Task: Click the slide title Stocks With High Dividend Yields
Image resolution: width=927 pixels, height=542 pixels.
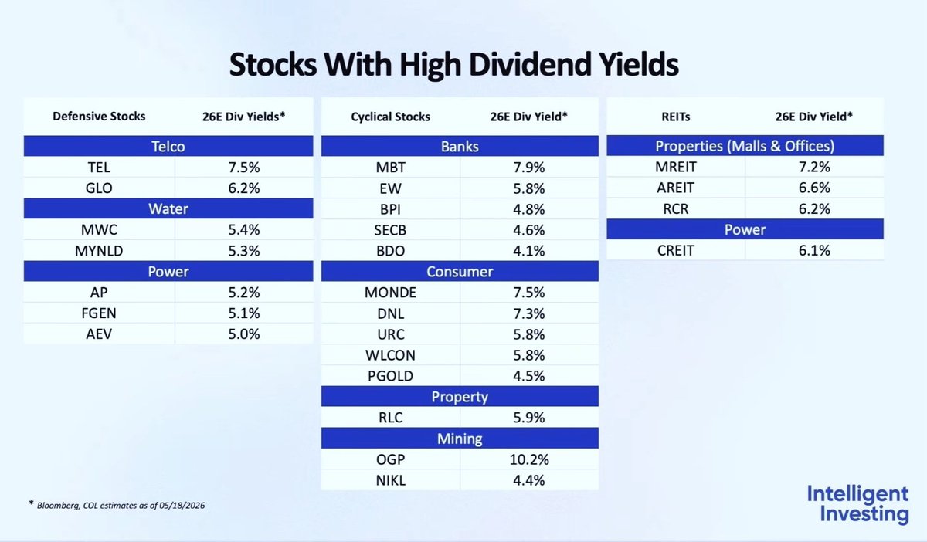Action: coord(453,65)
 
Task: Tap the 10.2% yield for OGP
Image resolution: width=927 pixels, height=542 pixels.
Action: coord(529,459)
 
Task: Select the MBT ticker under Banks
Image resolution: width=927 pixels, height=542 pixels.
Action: coord(390,167)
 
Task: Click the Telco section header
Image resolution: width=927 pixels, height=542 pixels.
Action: coord(168,146)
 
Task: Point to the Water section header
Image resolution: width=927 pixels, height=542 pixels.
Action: coord(168,208)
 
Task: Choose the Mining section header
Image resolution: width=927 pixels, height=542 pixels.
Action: coord(460,439)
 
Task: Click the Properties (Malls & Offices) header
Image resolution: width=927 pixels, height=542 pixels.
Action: coord(745,146)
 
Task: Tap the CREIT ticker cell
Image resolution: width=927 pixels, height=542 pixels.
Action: coord(675,250)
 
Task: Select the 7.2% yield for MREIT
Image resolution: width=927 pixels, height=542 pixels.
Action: coord(814,167)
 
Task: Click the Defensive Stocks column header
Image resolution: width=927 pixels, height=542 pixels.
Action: coord(99,117)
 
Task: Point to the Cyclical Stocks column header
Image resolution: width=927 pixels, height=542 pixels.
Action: coord(390,117)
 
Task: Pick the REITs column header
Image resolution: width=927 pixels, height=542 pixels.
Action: coord(675,117)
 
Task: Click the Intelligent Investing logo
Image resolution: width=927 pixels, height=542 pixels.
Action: coord(857,504)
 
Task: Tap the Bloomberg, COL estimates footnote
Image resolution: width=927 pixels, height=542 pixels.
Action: coord(117,505)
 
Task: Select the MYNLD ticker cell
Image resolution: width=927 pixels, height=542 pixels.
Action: coord(99,251)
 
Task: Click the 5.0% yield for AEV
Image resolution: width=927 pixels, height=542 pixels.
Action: coord(244,334)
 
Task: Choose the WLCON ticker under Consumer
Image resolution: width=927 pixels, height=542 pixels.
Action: coord(390,355)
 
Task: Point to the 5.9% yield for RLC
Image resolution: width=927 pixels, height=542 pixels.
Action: coord(529,418)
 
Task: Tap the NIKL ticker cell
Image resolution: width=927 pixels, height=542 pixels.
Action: coord(390,480)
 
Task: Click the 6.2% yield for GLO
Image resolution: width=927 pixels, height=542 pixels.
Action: coord(244,188)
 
